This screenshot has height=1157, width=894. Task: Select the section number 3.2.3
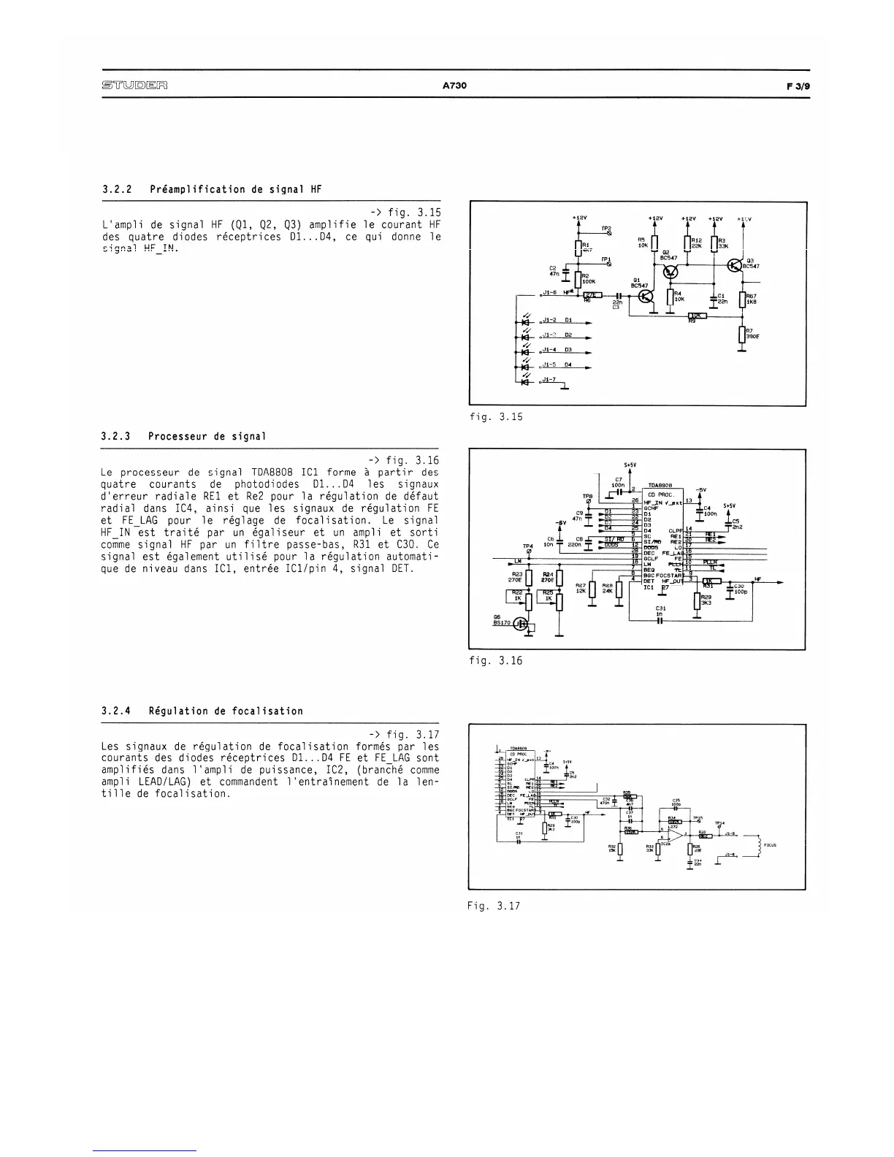point(115,436)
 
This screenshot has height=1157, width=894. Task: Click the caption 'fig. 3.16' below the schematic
point(496,660)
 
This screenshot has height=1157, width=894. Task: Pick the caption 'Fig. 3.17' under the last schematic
point(495,906)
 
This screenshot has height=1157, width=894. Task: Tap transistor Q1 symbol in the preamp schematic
point(646,297)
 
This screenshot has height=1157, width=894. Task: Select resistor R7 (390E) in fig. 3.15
point(742,334)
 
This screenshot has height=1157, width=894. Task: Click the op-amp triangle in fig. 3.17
point(677,835)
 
